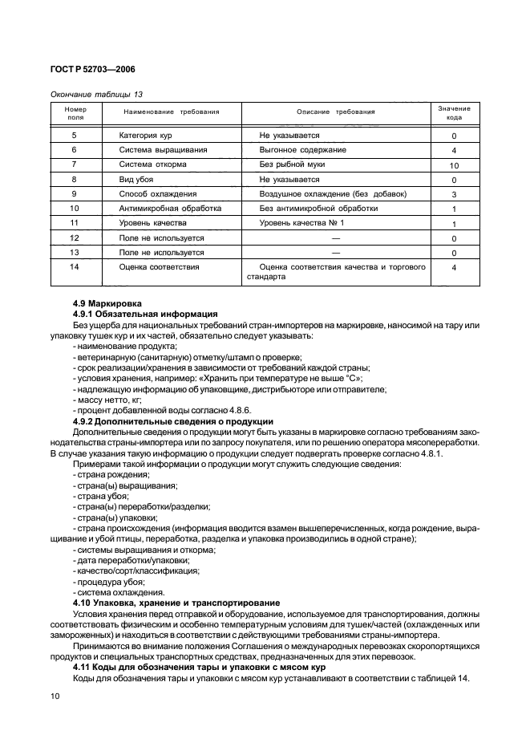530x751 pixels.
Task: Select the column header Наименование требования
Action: pyautogui.click(x=170, y=112)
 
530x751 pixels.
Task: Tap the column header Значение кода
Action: pyautogui.click(x=454, y=112)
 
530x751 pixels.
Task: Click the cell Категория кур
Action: pyautogui.click(x=145, y=136)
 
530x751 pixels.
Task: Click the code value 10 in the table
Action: pyautogui.click(x=454, y=165)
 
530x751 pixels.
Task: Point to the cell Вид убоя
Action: pyautogui.click(x=136, y=180)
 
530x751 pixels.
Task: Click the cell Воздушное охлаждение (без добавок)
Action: pyautogui.click(x=333, y=194)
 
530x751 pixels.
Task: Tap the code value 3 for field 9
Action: pyautogui.click(x=454, y=195)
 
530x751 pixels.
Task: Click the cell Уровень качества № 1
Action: pyautogui.click(x=301, y=223)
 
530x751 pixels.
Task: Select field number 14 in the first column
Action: pyautogui.click(x=74, y=266)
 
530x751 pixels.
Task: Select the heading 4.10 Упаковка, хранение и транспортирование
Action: pyautogui.click(x=176, y=602)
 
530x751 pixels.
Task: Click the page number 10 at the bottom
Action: pyautogui.click(x=55, y=697)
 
